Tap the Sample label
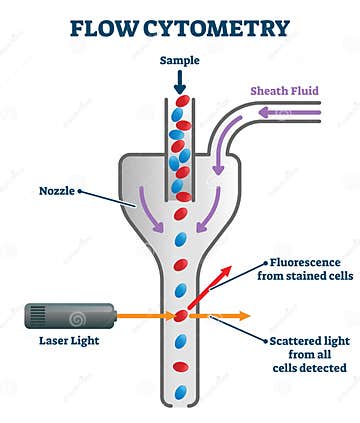179,61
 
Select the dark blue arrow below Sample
179,83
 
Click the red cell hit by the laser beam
181,316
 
